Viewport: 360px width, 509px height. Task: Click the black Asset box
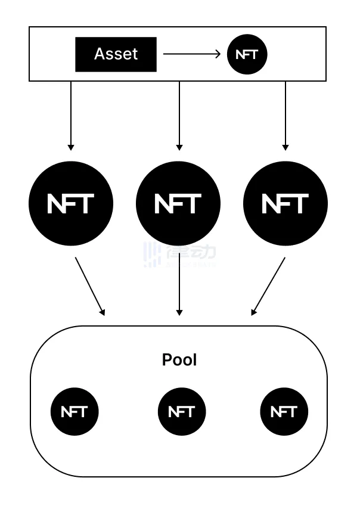click(116, 54)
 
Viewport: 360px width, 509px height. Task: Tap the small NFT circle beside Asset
click(247, 54)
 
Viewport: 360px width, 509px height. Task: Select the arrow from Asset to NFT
click(191, 54)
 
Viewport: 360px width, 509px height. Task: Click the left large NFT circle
click(71, 204)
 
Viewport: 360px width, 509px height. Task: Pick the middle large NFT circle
click(178, 204)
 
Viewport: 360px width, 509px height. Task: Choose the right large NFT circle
click(285, 204)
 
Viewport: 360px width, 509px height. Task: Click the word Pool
click(179, 360)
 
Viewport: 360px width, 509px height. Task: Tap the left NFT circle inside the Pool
click(74, 411)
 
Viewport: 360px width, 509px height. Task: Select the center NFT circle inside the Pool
click(181, 411)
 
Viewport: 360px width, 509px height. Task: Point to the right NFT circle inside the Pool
click(284, 411)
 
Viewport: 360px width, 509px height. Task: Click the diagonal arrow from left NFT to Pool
click(90, 286)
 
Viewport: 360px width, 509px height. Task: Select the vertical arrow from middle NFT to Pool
click(179, 286)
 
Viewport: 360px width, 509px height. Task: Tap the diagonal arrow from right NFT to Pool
click(268, 286)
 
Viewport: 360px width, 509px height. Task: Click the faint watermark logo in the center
click(179, 254)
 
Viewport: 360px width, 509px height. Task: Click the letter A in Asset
click(99, 54)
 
